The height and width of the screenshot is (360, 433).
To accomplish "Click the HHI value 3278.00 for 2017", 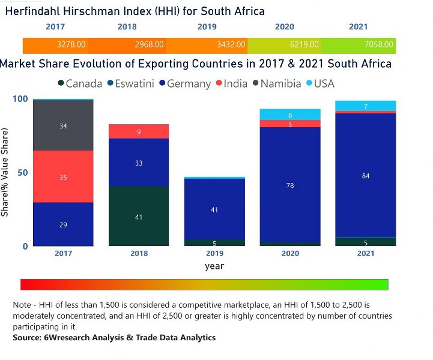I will (71, 44).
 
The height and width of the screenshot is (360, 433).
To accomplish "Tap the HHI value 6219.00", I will (303, 44).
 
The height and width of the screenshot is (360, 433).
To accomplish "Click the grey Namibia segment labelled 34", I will (63, 125).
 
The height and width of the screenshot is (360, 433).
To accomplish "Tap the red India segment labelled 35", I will (63, 176).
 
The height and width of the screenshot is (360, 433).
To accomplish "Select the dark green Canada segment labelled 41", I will (139, 217).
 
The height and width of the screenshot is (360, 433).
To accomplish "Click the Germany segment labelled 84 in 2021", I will (366, 175).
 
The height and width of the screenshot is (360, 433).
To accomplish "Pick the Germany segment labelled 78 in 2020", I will (290, 185).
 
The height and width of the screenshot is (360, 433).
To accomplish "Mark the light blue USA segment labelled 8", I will (290, 115).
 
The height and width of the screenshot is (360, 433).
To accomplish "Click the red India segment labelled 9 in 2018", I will (139, 131).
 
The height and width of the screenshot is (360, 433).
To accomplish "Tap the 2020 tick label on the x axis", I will (290, 254).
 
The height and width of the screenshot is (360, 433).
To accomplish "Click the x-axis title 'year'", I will (214, 266).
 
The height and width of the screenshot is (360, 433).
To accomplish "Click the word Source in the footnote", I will (28, 338).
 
